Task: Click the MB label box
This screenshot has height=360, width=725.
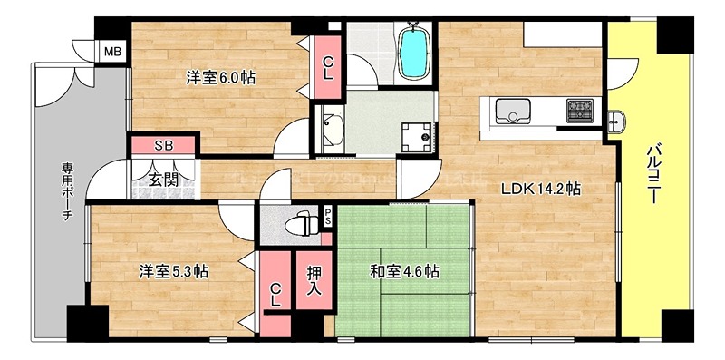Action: point(111,51)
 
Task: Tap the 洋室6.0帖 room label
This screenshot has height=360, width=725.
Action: point(220,78)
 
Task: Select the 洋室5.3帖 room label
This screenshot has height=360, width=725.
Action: point(174,271)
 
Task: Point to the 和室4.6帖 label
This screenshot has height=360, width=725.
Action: point(404,271)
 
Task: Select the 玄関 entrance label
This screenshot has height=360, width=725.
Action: point(164,180)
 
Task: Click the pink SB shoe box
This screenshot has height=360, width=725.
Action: point(164,145)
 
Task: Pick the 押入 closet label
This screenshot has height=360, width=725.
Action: point(314,280)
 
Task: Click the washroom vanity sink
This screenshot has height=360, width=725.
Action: point(330,132)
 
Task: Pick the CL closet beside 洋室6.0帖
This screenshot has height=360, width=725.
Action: point(328,67)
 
